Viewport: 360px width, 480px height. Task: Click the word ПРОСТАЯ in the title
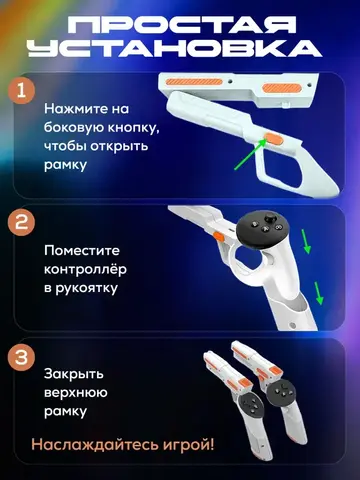(183, 26)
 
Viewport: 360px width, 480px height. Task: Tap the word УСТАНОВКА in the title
(175, 48)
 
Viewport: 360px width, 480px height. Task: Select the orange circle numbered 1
(21, 90)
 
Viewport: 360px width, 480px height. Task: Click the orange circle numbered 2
(21, 222)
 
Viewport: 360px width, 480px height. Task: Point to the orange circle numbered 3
(21, 358)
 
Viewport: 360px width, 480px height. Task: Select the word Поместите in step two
(82, 250)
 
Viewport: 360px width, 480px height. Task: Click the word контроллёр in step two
(85, 269)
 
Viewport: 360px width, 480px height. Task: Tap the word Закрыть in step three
(74, 374)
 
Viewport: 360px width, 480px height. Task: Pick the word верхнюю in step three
(76, 393)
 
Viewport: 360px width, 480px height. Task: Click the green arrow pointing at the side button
(250, 155)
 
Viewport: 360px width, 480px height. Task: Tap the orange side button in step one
(273, 139)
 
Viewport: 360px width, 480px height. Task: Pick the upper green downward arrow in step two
(306, 241)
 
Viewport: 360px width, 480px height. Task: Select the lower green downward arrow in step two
(319, 293)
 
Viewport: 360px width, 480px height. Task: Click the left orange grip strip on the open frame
(194, 82)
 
